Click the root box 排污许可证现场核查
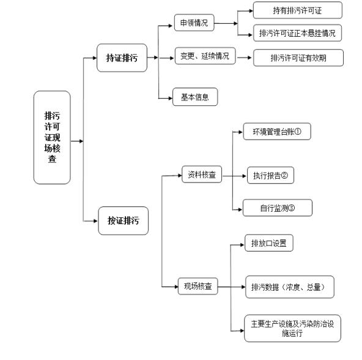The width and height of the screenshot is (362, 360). coord(52,137)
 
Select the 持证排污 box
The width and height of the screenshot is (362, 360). coord(122,58)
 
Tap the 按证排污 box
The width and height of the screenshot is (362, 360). coord(124,220)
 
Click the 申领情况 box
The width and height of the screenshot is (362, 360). coord(194,23)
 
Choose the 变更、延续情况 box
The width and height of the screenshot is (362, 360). coord(205,56)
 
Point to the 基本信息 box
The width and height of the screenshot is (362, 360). coord(195,97)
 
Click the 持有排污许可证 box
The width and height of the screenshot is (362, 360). coord(298,10)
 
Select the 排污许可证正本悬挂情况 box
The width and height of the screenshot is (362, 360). coord(297,33)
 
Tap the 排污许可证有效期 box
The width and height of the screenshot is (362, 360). coord(298,58)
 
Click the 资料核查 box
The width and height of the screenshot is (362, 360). coord(202,174)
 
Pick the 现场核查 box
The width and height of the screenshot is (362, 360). coord(198,287)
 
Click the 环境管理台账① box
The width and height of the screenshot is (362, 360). coord(277,132)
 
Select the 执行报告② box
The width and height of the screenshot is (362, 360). coord(270,175)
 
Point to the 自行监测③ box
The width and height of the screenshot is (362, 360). coord(278,208)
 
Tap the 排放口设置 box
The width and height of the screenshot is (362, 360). coord(269,243)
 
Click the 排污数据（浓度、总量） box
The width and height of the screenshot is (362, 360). coord(290,287)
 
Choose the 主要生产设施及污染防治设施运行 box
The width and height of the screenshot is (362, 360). coord(292,328)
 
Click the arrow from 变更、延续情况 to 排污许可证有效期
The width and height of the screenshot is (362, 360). coord(244,58)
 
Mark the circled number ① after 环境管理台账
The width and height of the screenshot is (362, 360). coord(298,132)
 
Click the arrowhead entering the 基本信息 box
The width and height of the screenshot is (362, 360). coord(171,99)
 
